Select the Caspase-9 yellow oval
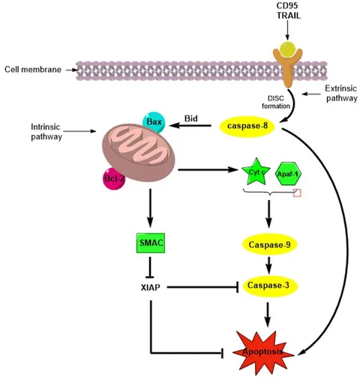[267, 245]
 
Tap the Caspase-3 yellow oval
[267, 286]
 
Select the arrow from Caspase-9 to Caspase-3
[267, 265]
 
